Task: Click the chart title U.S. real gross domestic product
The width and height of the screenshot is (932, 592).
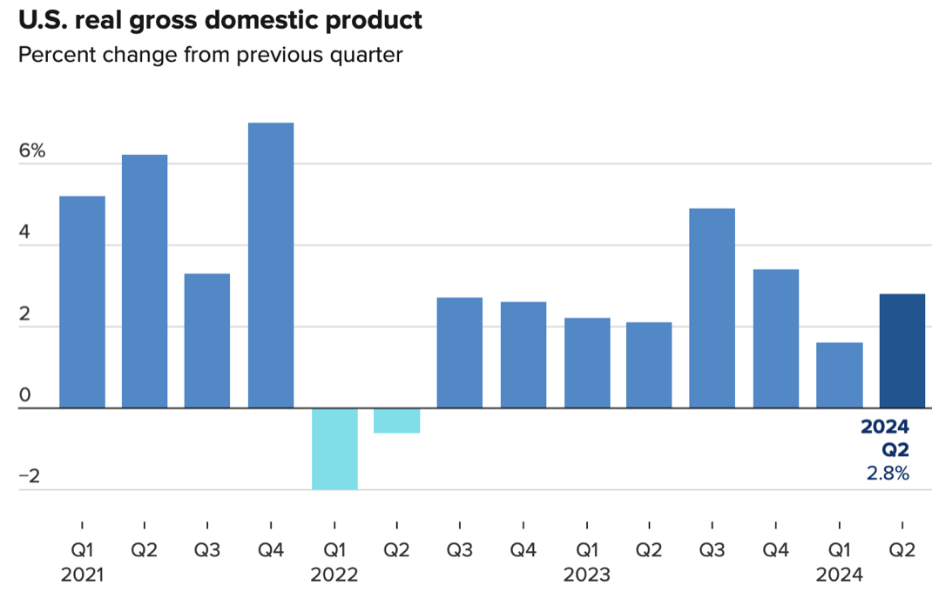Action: click(x=220, y=20)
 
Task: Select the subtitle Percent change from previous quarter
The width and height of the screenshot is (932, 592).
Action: click(x=210, y=56)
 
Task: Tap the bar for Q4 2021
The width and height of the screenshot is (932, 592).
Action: click(x=271, y=266)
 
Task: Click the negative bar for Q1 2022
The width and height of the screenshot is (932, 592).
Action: click(x=334, y=448)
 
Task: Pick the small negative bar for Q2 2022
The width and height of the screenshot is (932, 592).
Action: click(x=397, y=420)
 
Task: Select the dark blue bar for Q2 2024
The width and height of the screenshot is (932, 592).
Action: click(x=902, y=351)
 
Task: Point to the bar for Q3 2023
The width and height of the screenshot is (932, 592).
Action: click(x=712, y=308)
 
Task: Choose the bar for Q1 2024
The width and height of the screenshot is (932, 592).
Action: click(x=839, y=375)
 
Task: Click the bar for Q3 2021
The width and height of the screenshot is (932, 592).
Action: click(x=207, y=340)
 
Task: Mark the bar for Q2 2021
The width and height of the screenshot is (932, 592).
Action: click(x=145, y=281)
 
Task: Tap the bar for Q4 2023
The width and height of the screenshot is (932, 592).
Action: click(x=775, y=339)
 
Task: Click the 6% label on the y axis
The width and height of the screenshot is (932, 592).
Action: click(x=31, y=150)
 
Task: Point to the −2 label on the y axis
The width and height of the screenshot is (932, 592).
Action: click(x=31, y=477)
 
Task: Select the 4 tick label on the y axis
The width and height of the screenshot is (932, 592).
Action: click(x=25, y=232)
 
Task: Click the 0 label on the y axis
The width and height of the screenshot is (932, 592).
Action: click(x=25, y=396)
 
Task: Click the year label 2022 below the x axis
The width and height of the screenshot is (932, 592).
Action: click(x=334, y=575)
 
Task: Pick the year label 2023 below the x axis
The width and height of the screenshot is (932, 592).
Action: click(x=586, y=575)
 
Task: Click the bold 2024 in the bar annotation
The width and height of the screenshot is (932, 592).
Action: click(x=885, y=427)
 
